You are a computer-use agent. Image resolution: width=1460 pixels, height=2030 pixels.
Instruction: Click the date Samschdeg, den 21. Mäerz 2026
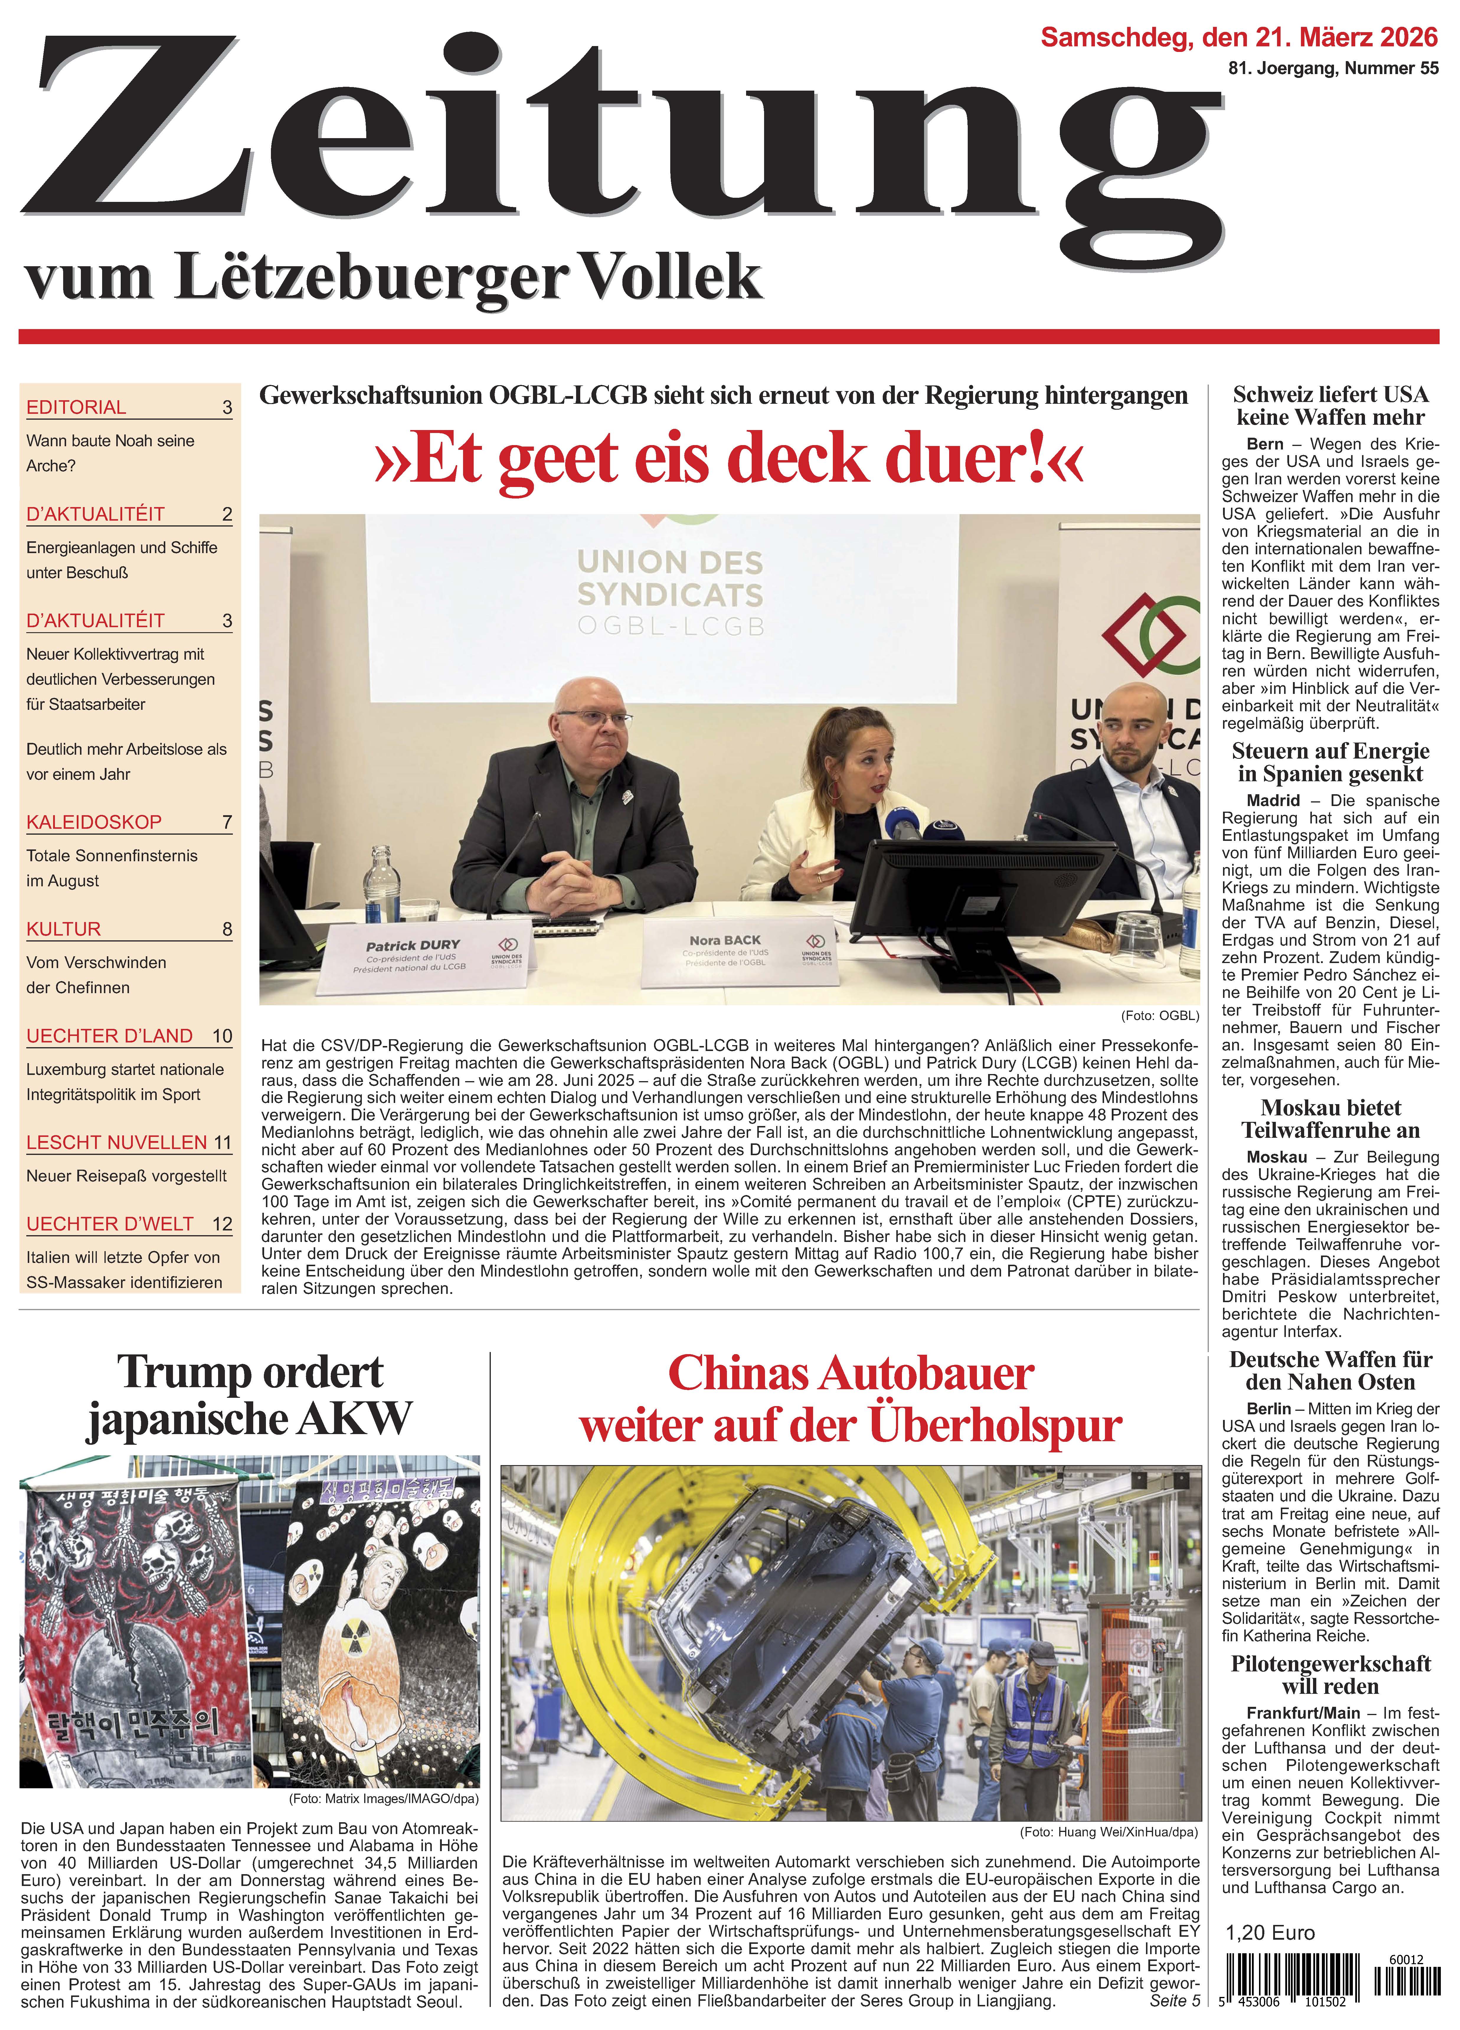(x=1239, y=37)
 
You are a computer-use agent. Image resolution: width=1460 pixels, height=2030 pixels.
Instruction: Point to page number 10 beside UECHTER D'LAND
(x=222, y=1036)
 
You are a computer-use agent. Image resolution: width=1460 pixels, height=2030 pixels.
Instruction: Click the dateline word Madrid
(x=1273, y=800)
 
